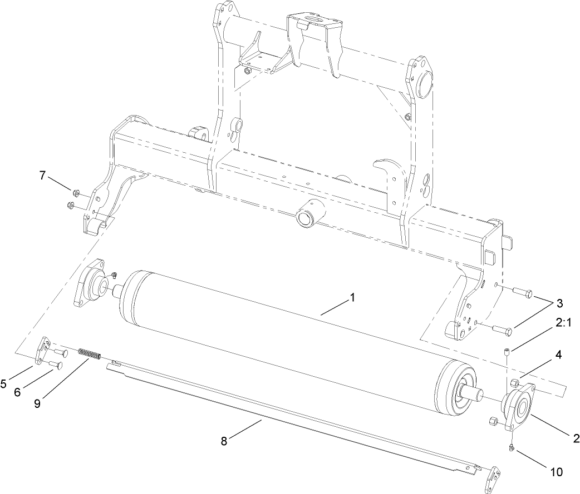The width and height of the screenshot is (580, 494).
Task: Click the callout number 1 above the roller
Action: (x=352, y=298)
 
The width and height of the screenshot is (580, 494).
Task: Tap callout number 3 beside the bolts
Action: (x=559, y=303)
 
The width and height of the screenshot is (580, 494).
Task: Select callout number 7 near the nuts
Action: (x=42, y=175)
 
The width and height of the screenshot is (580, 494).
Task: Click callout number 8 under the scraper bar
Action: (x=224, y=441)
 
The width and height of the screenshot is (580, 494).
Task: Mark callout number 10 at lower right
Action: (x=556, y=472)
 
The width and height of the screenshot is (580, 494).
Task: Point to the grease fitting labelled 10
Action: (x=510, y=447)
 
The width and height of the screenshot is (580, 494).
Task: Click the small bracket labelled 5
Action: (x=41, y=352)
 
